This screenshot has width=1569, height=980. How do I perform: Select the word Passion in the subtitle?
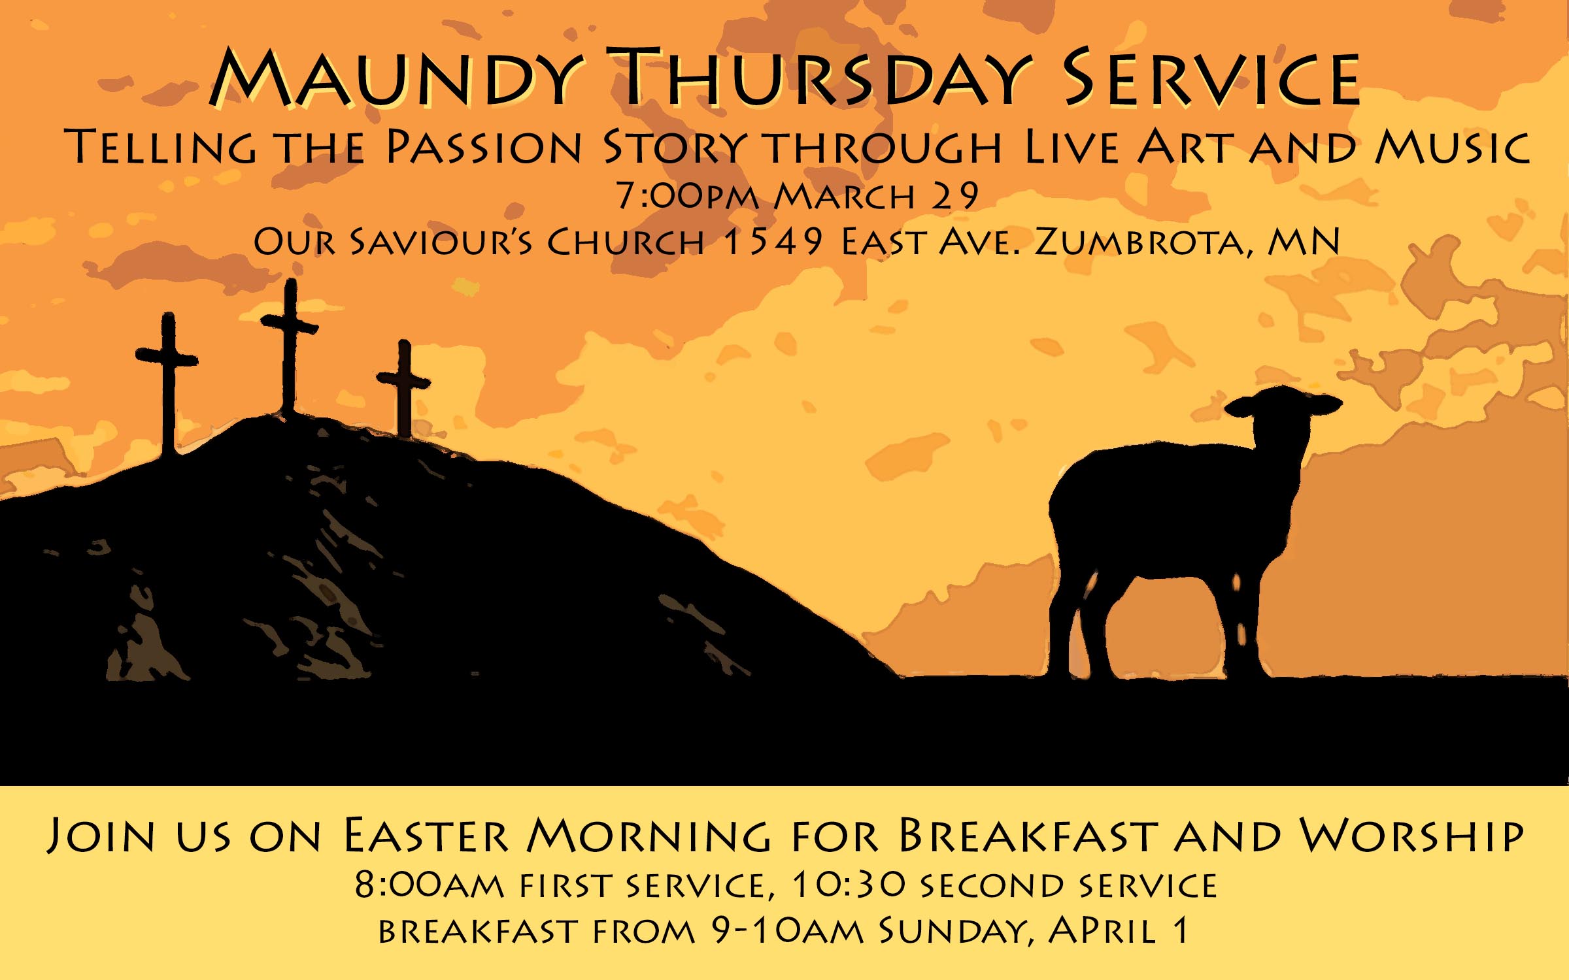[484, 147]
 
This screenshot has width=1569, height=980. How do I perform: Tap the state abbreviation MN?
[1304, 242]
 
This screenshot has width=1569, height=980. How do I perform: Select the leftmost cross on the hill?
[168, 382]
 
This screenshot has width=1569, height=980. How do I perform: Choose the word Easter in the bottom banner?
[425, 836]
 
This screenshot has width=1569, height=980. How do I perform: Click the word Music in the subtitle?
[1452, 147]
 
